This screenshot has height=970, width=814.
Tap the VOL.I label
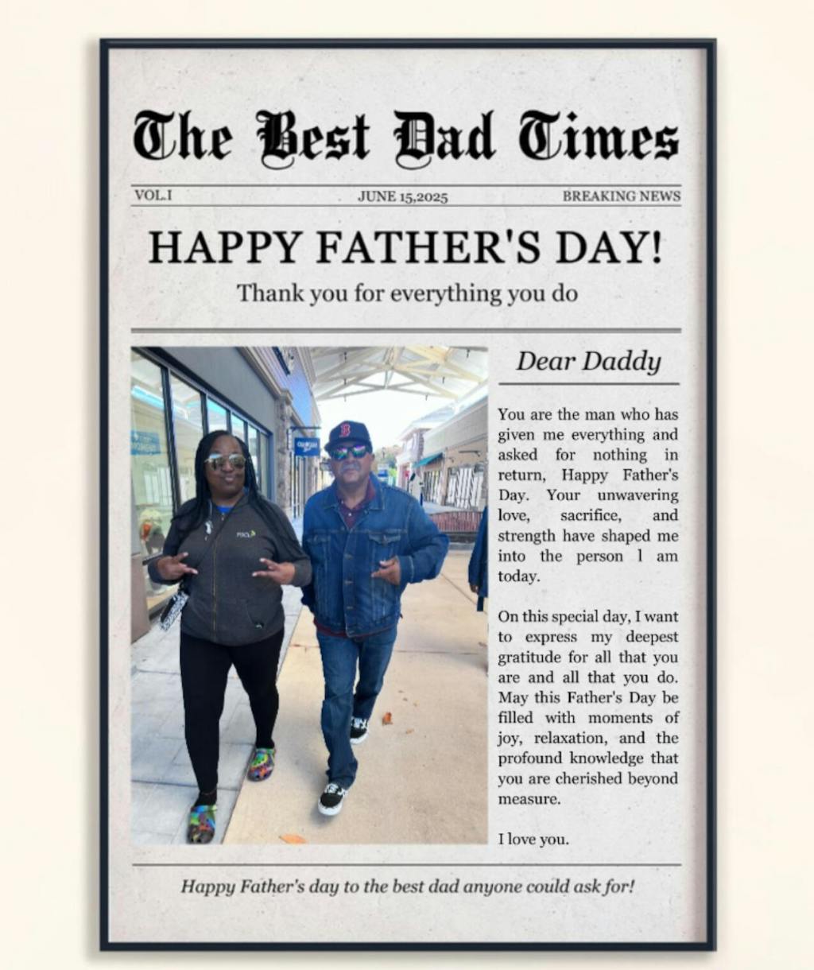coord(153,195)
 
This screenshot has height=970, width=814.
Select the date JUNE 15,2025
coord(403,196)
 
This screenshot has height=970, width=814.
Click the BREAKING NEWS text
coord(622,196)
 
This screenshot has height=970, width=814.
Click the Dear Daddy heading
coord(588,362)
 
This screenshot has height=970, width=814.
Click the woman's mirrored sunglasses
coord(225,460)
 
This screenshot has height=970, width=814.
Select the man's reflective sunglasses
coord(349,452)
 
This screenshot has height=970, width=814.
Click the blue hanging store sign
coord(306,446)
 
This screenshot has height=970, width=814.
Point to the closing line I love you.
coord(533,839)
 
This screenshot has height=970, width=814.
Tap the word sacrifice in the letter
coord(591,515)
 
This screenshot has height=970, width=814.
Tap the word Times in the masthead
coord(599,138)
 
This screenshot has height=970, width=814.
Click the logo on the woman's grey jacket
coord(246,533)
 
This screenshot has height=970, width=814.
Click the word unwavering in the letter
coord(638,495)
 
